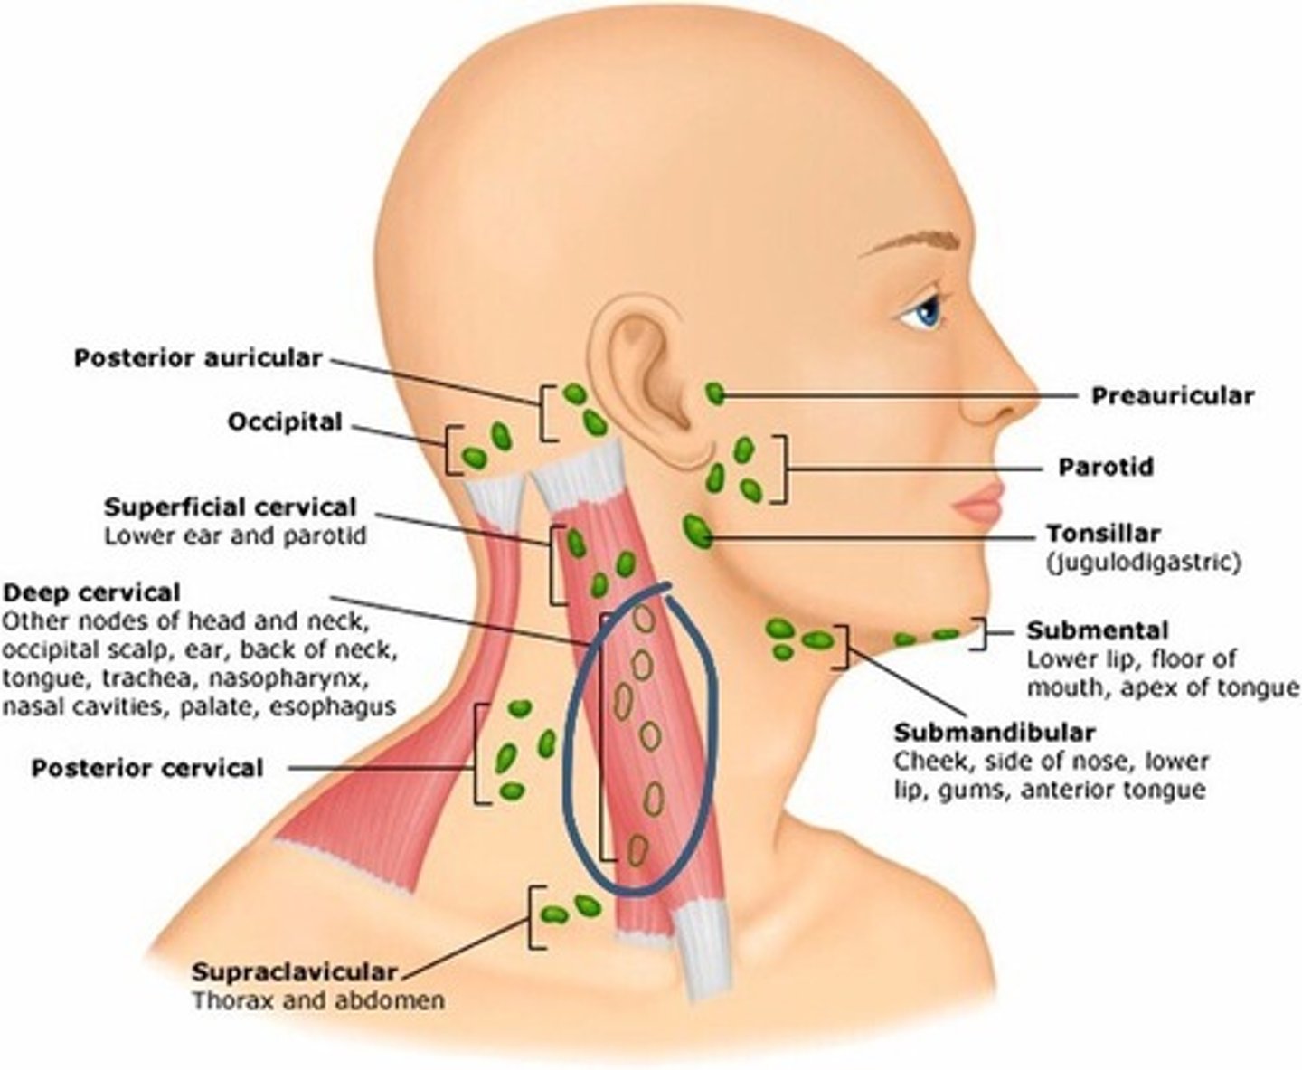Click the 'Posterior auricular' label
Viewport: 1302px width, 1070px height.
pos(197,358)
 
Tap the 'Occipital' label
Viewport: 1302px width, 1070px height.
pos(285,422)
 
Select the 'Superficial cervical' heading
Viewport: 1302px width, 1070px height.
pos(231,507)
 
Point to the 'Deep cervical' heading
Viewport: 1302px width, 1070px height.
pos(91,593)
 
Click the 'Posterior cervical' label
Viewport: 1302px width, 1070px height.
pos(147,769)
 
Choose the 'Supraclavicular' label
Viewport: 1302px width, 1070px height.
pos(294,972)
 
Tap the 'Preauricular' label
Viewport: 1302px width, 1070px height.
pos(1173,395)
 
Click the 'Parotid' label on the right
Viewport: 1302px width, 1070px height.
pos(1106,467)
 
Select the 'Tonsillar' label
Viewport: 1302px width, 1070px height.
pos(1103,533)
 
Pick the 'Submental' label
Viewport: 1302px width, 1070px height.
pos(1098,630)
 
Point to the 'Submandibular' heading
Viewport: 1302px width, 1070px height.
pos(995,732)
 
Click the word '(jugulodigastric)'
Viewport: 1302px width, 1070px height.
pos(1144,562)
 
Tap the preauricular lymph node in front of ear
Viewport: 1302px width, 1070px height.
pos(715,393)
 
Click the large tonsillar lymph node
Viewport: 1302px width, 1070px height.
pos(697,530)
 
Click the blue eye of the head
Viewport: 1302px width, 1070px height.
pos(927,312)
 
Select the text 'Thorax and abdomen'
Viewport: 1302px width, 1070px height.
pos(317,1000)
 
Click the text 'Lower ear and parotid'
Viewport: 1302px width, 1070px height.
pos(235,535)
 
